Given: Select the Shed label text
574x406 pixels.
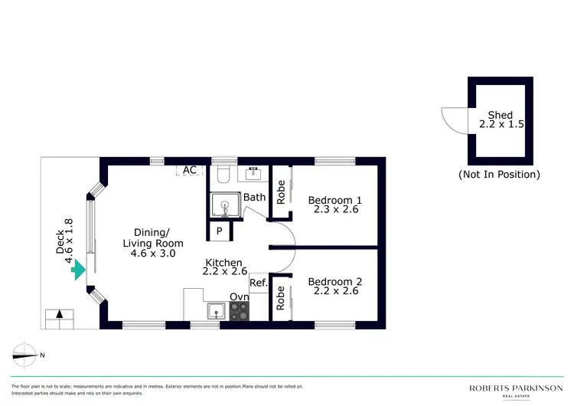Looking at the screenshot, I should click(x=501, y=115).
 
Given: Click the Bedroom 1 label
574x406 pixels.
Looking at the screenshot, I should click(x=334, y=201).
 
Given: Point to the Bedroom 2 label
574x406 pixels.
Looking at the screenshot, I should click(x=334, y=282).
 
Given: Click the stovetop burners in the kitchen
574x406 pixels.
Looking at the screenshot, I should click(x=240, y=311).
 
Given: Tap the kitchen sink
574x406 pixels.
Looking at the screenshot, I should click(x=217, y=311).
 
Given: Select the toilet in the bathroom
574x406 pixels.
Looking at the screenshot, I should click(x=224, y=175).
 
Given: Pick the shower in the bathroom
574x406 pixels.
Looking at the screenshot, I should click(x=225, y=205).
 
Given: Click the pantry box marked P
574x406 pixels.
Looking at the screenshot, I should click(x=219, y=230).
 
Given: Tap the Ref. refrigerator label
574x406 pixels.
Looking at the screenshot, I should click(x=258, y=283).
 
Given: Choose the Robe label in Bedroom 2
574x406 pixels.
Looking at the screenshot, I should click(x=280, y=297).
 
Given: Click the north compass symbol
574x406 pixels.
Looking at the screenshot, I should click(x=28, y=354).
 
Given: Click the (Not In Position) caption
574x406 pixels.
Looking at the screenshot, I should click(x=500, y=174).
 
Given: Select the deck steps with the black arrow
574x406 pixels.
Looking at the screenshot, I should click(x=60, y=316).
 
